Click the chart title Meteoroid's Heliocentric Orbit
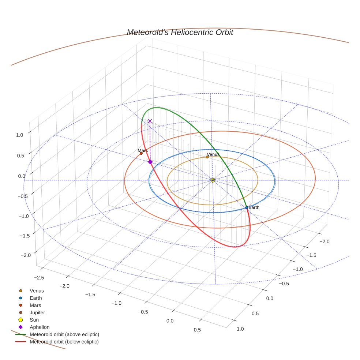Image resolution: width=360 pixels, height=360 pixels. click(180, 33)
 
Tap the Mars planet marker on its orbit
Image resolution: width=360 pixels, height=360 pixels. click(141, 153)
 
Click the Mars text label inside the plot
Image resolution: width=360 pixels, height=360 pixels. click(143, 150)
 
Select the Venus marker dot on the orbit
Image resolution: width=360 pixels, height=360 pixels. click(207, 157)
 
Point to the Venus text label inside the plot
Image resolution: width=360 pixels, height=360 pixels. click(213, 154)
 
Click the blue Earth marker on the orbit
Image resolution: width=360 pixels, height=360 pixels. click(247, 207)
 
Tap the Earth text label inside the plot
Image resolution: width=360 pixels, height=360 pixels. click(254, 207)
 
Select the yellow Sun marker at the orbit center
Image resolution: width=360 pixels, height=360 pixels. click(213, 180)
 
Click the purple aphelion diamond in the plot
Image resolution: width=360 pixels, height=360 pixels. click(150, 162)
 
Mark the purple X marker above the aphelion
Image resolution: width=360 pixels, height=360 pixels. click(150, 121)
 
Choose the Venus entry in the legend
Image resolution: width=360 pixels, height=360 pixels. click(37, 291)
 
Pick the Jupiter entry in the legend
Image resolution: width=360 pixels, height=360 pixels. click(37, 313)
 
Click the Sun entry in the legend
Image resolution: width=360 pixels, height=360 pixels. click(34, 320)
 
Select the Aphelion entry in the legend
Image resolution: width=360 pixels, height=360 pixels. click(40, 327)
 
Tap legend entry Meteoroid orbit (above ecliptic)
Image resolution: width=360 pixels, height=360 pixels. click(64, 334)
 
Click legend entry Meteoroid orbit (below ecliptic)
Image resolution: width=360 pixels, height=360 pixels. click(64, 342)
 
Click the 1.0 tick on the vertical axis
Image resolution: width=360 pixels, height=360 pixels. click(19, 135)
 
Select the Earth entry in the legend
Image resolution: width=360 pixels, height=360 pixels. click(36, 298)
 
